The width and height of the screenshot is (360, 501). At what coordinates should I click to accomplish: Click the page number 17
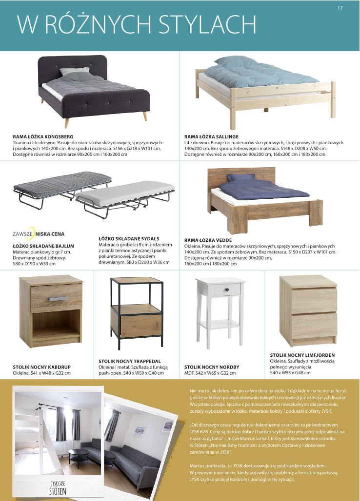coord(340,7)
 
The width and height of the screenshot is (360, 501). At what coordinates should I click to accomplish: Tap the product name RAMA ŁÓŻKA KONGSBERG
coord(43,136)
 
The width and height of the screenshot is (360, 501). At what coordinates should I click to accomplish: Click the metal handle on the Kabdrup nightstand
coord(58,298)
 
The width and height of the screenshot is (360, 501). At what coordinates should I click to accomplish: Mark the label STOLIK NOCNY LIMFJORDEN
coord(302,355)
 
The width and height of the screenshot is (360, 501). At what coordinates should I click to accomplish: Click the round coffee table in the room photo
coord(78,454)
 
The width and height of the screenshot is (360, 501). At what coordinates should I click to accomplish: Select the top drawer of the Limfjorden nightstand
coord(308,301)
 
